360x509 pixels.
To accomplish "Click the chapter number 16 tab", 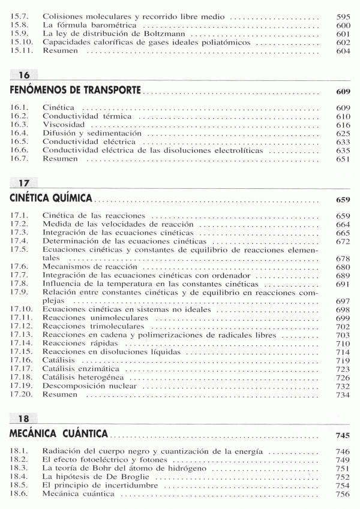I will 24,75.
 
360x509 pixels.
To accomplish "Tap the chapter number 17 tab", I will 24,182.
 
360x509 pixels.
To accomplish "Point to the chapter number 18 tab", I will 24,418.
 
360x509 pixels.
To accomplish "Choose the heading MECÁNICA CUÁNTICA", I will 59,432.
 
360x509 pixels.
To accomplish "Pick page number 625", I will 343,133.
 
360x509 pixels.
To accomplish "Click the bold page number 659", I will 343,199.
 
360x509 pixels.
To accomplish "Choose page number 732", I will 343,387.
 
